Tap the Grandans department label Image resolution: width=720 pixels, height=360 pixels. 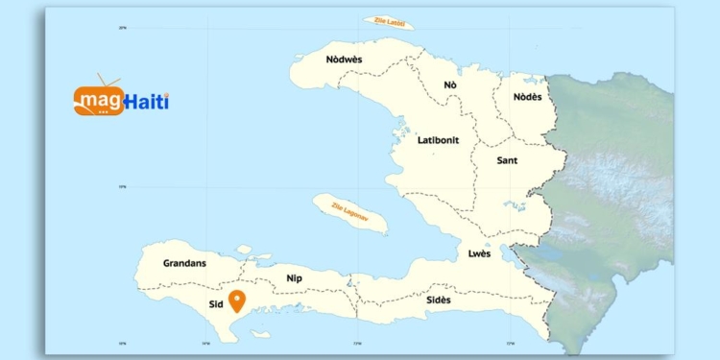coord(184,262)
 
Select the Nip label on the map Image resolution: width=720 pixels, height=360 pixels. coord(295,278)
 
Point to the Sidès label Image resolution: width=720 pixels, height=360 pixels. coord(439,300)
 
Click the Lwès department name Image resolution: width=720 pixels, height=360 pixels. coord(479,253)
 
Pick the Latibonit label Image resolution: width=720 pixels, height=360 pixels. coord(438,140)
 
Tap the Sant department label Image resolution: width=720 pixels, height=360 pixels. coord(507,160)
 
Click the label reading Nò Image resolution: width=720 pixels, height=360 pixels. coord(450,85)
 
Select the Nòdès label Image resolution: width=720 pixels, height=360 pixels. coord(527,97)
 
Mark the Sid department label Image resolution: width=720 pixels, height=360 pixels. coord(215,305)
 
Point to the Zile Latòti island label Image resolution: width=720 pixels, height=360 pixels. coord(384,22)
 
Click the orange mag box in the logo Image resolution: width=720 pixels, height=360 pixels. coord(99,101)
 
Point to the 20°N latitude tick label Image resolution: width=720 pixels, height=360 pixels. coord(123,28)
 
